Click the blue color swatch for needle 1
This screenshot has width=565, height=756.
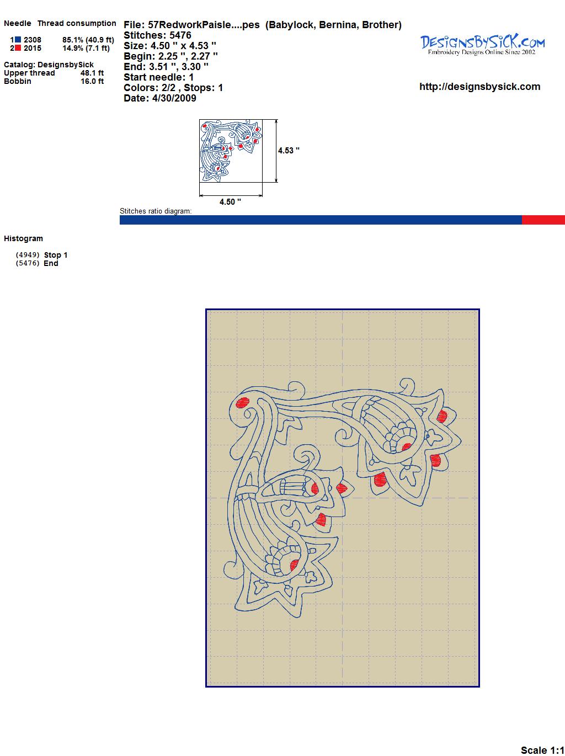coord(18,40)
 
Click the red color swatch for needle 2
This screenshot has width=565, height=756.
coord(18,48)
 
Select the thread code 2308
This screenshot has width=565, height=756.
coord(33,40)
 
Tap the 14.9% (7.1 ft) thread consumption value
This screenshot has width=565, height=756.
coord(86,48)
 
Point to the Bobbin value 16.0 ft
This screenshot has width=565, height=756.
coord(92,81)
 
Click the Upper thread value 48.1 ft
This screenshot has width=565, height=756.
coord(92,73)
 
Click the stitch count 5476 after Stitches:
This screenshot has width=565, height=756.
coord(180,35)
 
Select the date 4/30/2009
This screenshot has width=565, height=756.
coord(174,98)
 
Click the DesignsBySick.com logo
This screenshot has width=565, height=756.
coord(482,45)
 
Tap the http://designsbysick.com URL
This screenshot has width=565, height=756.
coord(479,87)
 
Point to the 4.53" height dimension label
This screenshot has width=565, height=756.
coord(289,151)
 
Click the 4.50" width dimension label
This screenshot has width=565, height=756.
coord(230,202)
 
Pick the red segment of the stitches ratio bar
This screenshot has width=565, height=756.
coord(543,220)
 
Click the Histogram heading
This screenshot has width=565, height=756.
coord(23,238)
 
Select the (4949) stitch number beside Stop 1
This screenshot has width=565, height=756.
coord(28,255)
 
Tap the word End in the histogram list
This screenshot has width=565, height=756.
coord(51,263)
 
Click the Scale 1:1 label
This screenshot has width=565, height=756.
coord(542,747)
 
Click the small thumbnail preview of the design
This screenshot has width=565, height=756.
coord(231,151)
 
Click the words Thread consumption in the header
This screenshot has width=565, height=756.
coord(77,23)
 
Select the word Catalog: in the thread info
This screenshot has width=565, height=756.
coord(19,65)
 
